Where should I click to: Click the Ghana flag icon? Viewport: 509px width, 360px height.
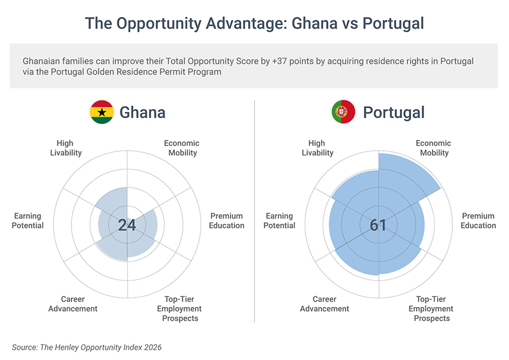(102, 112)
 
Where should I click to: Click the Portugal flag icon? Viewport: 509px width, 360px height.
(343, 112)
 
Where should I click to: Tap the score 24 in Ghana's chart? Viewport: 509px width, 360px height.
(127, 226)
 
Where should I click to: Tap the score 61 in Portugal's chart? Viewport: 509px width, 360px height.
(378, 226)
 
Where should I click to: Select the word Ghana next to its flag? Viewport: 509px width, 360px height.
(142, 112)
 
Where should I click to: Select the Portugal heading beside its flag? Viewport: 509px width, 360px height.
(394, 112)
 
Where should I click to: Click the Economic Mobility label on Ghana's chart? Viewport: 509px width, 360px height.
(182, 148)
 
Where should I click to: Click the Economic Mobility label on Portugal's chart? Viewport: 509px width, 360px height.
(433, 148)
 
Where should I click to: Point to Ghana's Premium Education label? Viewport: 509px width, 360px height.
(227, 220)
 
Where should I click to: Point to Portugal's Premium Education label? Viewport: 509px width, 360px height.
(479, 220)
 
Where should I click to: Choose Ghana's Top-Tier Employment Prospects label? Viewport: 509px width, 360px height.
(179, 309)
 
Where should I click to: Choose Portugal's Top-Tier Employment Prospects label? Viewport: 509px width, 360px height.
(431, 309)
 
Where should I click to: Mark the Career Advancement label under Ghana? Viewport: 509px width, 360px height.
(73, 304)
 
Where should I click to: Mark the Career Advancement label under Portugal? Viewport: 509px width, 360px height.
(325, 304)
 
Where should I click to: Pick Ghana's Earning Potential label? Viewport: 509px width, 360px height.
(28, 220)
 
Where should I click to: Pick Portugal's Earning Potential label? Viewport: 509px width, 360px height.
(280, 220)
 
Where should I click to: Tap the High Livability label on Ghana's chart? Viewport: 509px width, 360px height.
(65, 148)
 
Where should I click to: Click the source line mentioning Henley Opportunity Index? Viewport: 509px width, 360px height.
(87, 348)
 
